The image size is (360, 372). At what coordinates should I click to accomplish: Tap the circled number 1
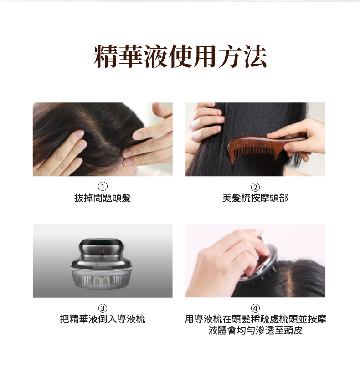coord(103,187)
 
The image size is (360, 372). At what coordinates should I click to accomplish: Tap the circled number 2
coord(255,187)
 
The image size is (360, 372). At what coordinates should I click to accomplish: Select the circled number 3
coord(103,308)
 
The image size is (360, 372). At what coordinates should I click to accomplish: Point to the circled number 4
coord(255,308)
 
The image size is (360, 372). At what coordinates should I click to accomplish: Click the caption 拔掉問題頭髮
coord(103,198)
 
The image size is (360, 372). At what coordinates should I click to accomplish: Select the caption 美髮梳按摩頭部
coord(255,198)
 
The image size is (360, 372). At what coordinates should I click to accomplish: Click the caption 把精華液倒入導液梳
coord(103,319)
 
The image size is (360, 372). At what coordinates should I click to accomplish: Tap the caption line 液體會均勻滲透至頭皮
coord(256,330)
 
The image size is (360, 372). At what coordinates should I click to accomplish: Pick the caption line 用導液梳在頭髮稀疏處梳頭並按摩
coord(256,319)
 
